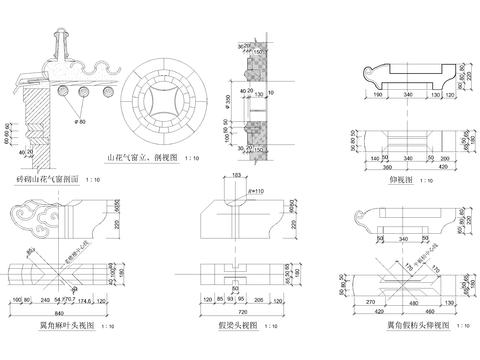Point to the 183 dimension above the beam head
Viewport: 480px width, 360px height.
(237, 176)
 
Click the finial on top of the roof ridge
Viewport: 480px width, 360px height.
(59, 43)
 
